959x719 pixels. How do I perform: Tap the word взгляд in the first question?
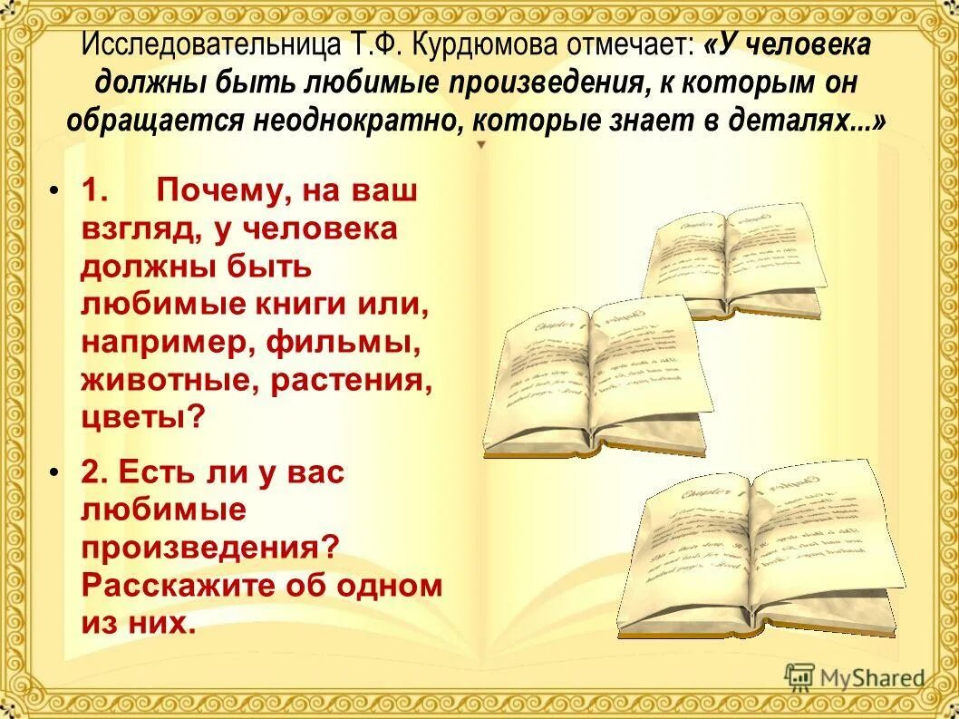(x=141, y=229)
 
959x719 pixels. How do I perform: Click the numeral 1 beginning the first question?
(x=96, y=191)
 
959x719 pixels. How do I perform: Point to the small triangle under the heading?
(x=481, y=145)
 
